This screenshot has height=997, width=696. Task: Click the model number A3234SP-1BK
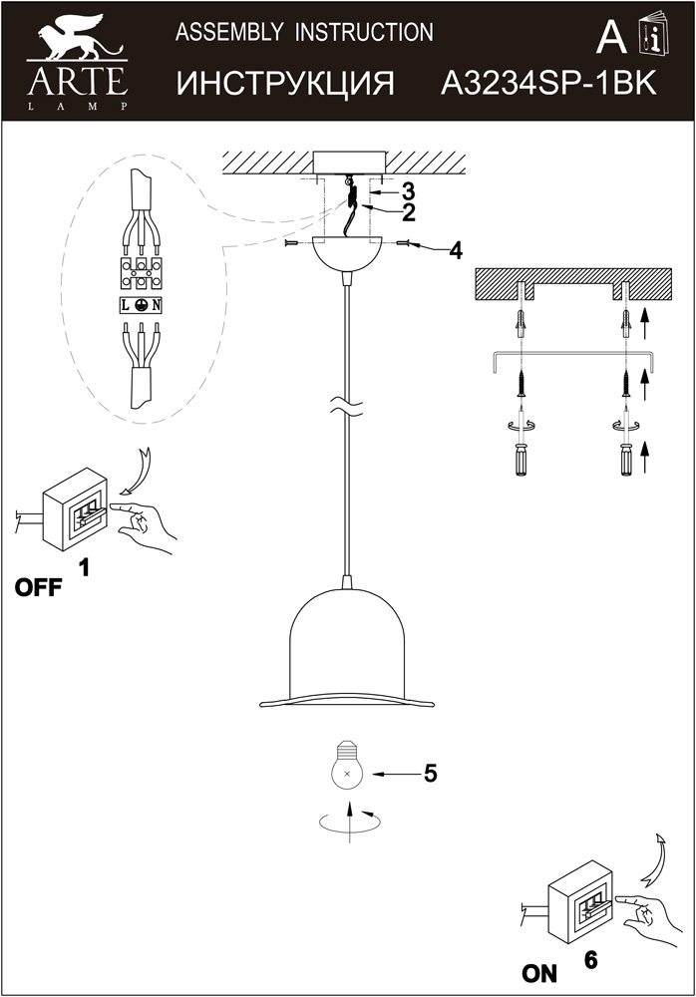pyautogui.click(x=548, y=83)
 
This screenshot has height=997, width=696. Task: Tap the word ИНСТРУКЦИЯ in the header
pyautogui.click(x=285, y=84)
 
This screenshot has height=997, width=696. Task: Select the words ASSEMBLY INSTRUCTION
pyautogui.click(x=304, y=32)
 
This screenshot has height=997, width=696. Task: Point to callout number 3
pyautogui.click(x=407, y=190)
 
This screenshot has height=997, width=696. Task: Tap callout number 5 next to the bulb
pyautogui.click(x=430, y=774)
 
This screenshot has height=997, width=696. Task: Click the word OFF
pyautogui.click(x=38, y=587)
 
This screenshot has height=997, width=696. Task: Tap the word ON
pyautogui.click(x=538, y=973)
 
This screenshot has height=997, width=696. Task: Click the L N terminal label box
pyautogui.click(x=142, y=305)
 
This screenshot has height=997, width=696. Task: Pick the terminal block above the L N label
pyautogui.click(x=142, y=273)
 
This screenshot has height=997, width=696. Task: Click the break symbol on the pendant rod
pyautogui.click(x=347, y=407)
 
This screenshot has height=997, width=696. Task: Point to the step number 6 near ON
pyautogui.click(x=591, y=959)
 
